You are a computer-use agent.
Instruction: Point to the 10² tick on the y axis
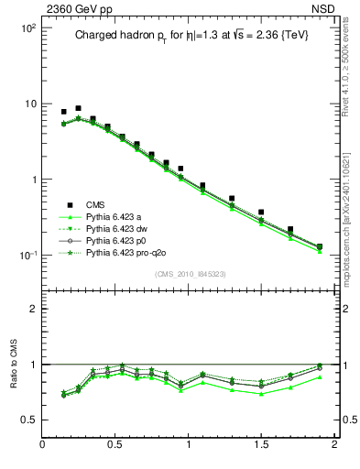pos(28,28)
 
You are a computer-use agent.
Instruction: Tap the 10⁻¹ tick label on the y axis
pos(27,256)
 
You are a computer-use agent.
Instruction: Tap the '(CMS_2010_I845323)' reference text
pos(190,273)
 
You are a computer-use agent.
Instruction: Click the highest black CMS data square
pos(78,108)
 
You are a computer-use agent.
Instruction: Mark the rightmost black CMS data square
pos(320,246)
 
